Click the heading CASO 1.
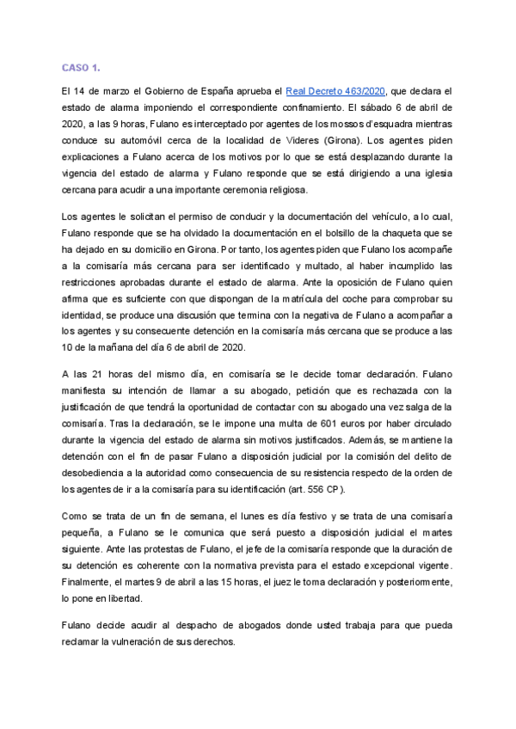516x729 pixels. click(81, 67)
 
